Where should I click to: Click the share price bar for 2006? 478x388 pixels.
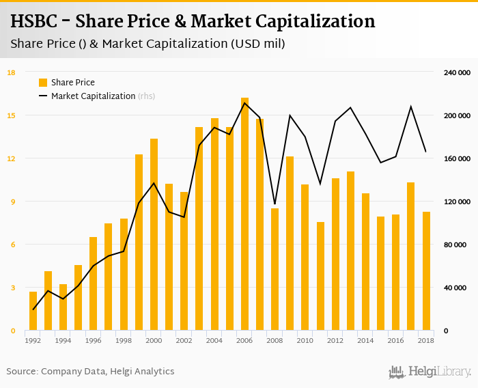click(244, 214)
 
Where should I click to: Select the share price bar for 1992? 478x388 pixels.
click(33, 311)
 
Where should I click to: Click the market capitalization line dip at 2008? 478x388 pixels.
click(275, 204)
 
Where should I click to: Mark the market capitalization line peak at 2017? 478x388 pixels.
click(411, 107)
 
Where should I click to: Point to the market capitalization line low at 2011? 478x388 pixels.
click(320, 184)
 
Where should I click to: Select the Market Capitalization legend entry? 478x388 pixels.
click(94, 96)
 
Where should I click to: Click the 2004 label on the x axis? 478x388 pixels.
click(214, 340)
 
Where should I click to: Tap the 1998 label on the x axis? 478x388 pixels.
click(124, 340)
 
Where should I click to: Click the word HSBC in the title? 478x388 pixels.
click(37, 21)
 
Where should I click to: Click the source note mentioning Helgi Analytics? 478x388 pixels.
click(90, 372)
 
